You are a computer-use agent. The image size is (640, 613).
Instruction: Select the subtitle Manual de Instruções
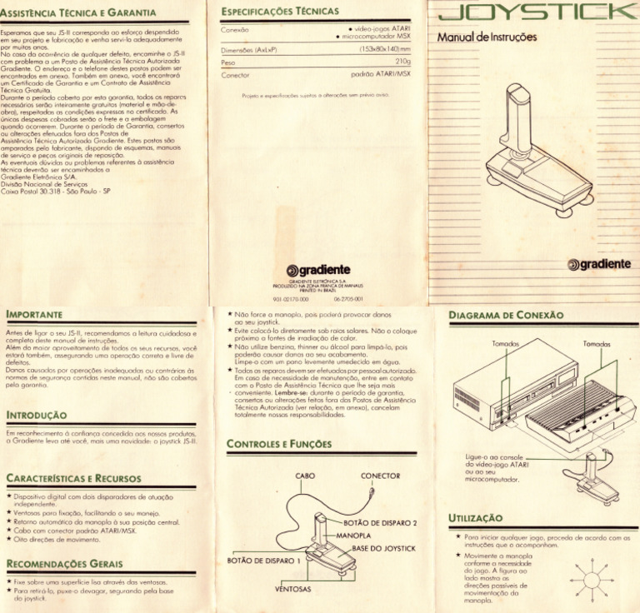[487, 37]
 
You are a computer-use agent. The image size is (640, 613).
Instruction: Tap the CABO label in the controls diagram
[304, 476]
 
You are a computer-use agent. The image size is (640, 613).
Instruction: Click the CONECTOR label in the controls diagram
[380, 476]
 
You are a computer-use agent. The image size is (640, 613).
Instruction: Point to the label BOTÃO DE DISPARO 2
[379, 523]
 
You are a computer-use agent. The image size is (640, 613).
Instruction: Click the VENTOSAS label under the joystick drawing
[292, 589]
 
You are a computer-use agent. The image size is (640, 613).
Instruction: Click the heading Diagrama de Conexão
[506, 316]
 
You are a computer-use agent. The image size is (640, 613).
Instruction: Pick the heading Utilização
[475, 518]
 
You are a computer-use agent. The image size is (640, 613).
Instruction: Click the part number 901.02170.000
[291, 297]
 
